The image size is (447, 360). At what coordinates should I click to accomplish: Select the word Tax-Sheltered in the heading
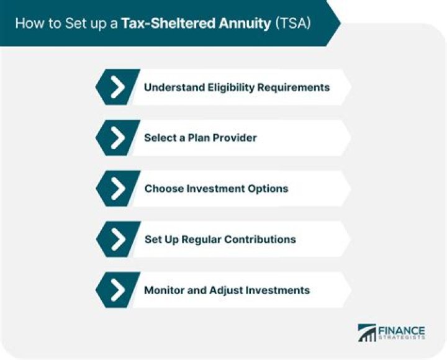pyautogui.click(x=186, y=24)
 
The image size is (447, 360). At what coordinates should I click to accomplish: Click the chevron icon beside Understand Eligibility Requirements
pyautogui.click(x=116, y=88)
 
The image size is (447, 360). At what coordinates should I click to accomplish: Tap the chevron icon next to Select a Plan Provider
pyautogui.click(x=116, y=138)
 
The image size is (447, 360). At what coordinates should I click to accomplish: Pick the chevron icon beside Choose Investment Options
pyautogui.click(x=116, y=189)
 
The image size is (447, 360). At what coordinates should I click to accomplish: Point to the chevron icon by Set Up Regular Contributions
pyautogui.click(x=116, y=239)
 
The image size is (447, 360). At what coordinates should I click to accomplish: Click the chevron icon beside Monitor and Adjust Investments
pyautogui.click(x=116, y=290)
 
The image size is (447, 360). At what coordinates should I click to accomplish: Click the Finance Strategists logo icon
pyautogui.click(x=367, y=332)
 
